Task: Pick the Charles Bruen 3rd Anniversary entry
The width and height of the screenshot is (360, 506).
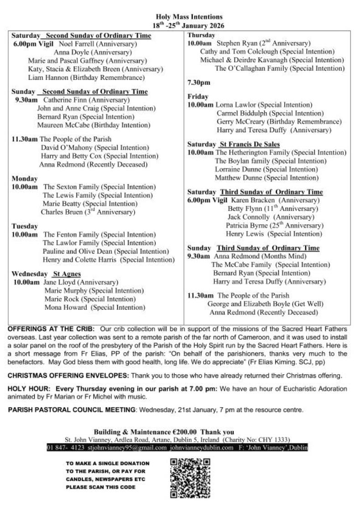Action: tap(88, 212)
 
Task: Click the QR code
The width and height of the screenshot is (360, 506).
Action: tap(190, 478)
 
